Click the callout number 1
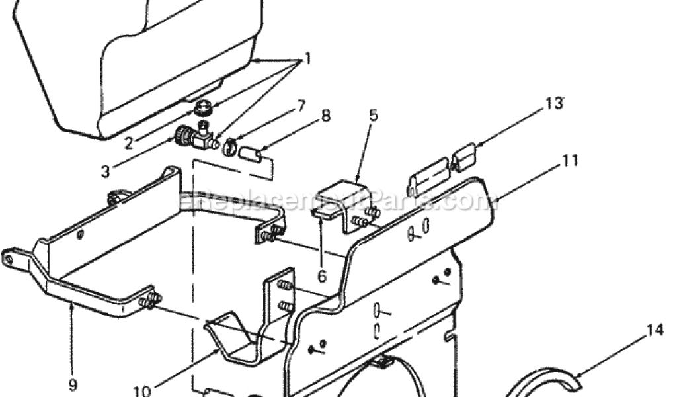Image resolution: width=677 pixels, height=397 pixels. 306,58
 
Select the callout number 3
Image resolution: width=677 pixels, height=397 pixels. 106,172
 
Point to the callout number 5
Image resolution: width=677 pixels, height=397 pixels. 374,116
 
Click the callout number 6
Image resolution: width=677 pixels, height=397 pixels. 322,275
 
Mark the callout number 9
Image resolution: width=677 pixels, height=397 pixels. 73,383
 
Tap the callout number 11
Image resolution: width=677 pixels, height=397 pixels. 571,160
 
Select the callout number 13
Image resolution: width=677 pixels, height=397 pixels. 553,103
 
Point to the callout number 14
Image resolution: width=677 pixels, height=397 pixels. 655,330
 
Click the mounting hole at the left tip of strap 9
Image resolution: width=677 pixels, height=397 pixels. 9,259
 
